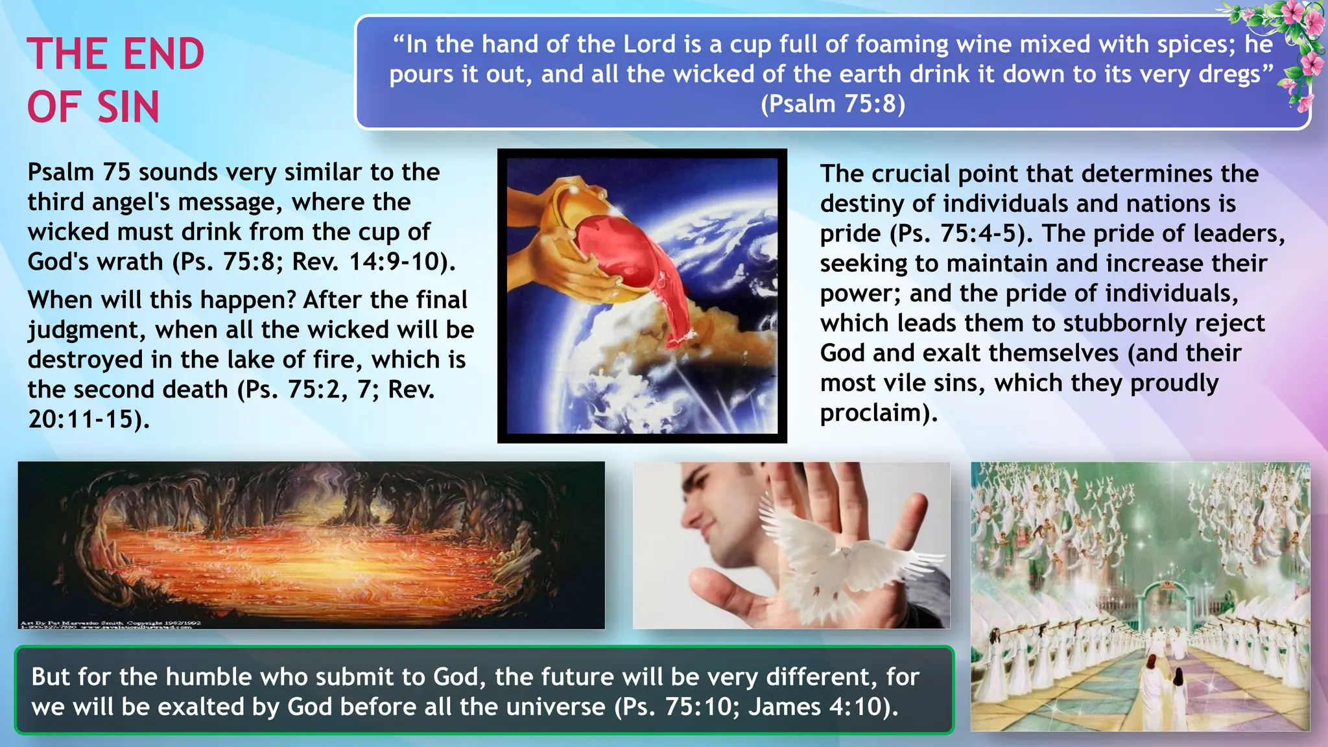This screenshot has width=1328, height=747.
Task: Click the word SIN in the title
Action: (128, 107)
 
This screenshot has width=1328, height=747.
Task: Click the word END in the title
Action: (163, 54)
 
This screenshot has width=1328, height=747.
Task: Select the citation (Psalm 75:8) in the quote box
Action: (833, 104)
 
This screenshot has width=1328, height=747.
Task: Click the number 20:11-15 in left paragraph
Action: (81, 420)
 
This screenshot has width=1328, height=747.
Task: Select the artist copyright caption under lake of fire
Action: (110, 624)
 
